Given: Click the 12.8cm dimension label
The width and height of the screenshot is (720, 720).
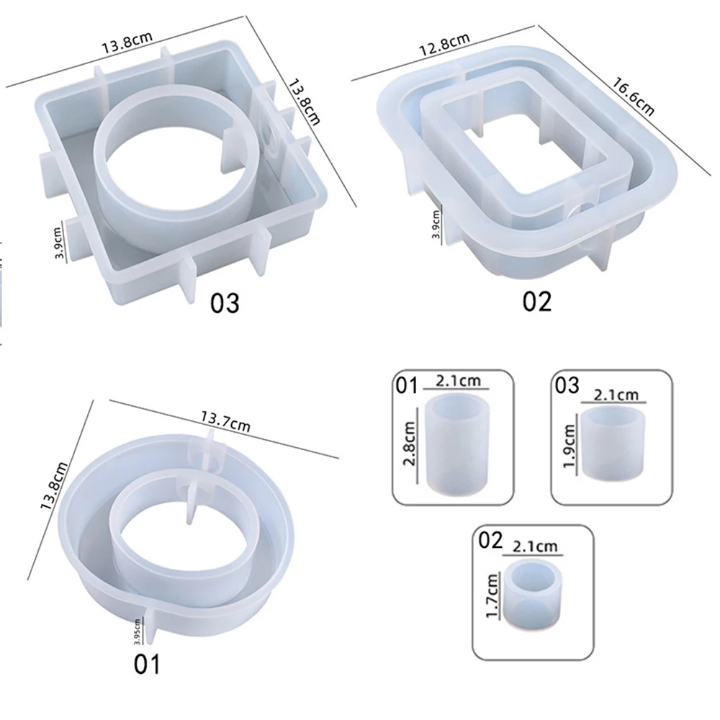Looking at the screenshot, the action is [x=444, y=45].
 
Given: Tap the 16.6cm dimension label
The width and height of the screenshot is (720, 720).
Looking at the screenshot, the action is [x=633, y=96].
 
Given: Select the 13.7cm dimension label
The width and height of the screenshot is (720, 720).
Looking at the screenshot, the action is [x=225, y=421].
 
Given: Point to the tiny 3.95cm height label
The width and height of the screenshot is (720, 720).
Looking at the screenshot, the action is [x=138, y=631].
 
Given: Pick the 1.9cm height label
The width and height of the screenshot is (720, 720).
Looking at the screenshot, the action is [x=569, y=446].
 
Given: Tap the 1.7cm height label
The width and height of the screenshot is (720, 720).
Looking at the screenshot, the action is [x=492, y=596].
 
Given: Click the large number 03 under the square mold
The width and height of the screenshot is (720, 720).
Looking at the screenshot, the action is [x=225, y=304].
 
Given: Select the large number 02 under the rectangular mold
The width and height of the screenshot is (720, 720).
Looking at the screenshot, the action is [x=537, y=302].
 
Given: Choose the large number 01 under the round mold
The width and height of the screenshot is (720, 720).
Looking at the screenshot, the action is [x=147, y=664].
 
